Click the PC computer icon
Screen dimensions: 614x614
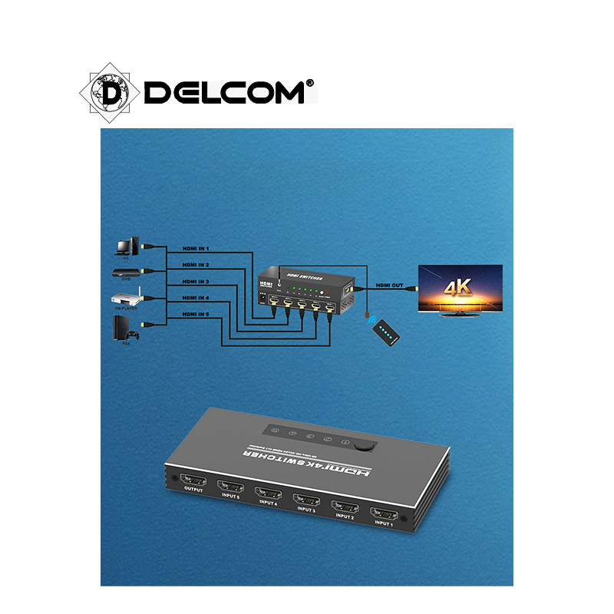pyautogui.click(x=126, y=246)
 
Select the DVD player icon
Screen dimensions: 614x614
pyautogui.click(x=126, y=271)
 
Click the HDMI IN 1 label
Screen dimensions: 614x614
pyautogui.click(x=196, y=249)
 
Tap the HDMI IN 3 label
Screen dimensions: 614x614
pyautogui.click(x=196, y=282)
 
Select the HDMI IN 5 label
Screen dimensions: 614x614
pyautogui.click(x=196, y=315)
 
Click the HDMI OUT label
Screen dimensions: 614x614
pyautogui.click(x=388, y=286)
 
